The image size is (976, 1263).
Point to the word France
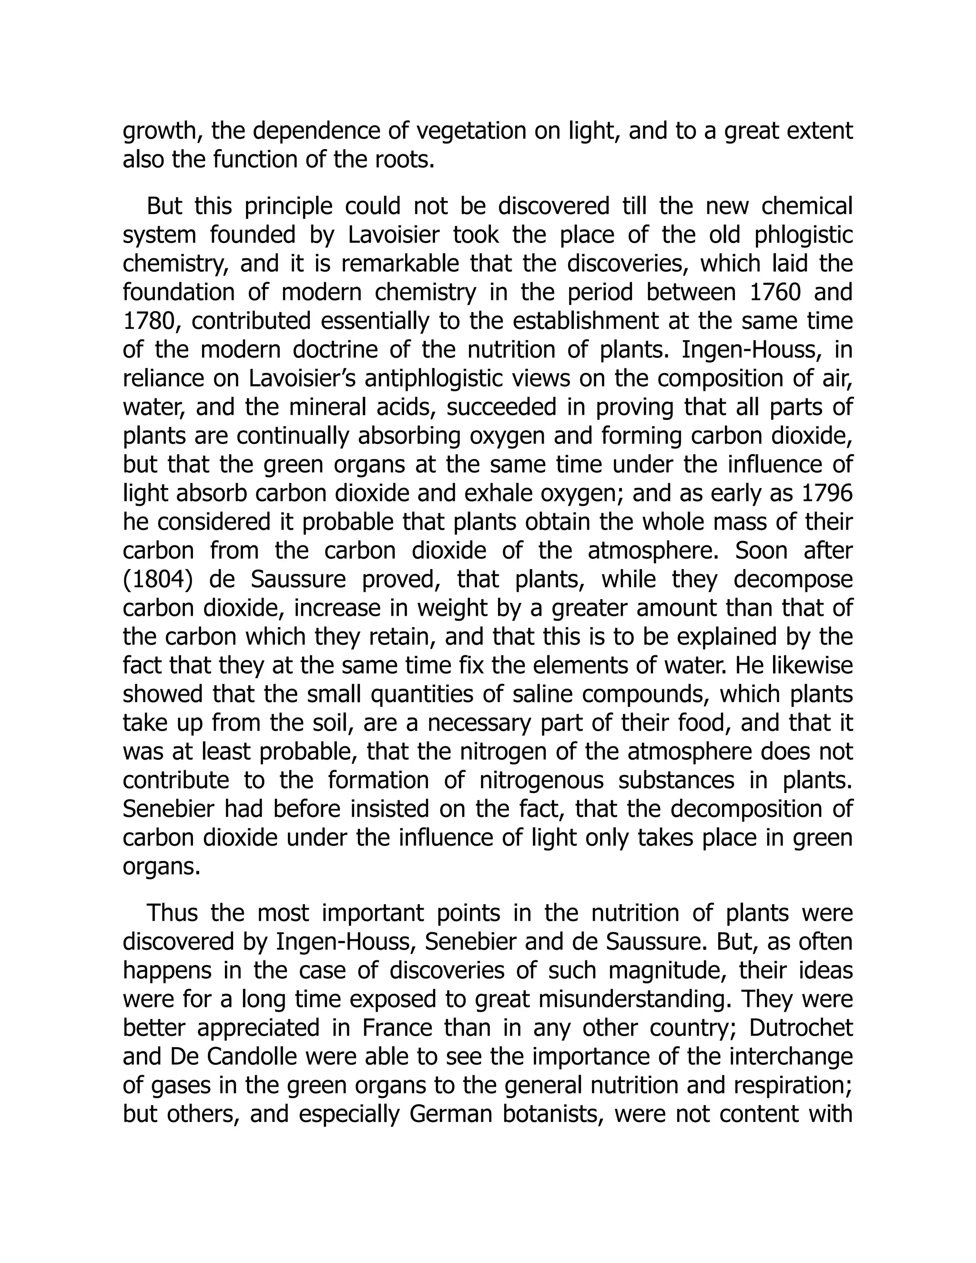[397, 1028]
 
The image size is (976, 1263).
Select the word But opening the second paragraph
[164, 206]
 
